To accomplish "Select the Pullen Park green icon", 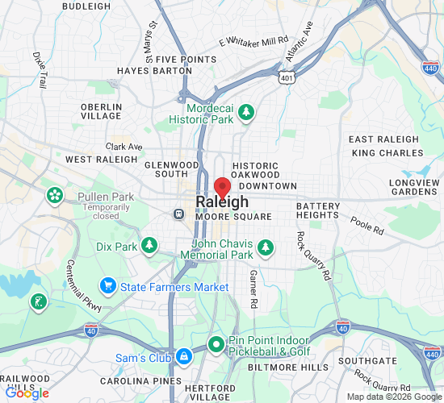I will point(55,195).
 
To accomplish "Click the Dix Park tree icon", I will point(149,245).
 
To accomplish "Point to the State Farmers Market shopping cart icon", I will point(107,285).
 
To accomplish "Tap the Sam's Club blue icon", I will point(184,356).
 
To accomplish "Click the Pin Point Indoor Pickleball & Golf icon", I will point(216,345).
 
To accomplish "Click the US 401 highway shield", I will point(286,77).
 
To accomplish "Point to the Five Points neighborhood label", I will point(186,60).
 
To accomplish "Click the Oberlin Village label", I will point(102,111).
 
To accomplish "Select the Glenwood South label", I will point(171,169).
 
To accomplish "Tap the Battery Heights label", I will point(318,210).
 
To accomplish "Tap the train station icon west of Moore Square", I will point(179,214).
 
